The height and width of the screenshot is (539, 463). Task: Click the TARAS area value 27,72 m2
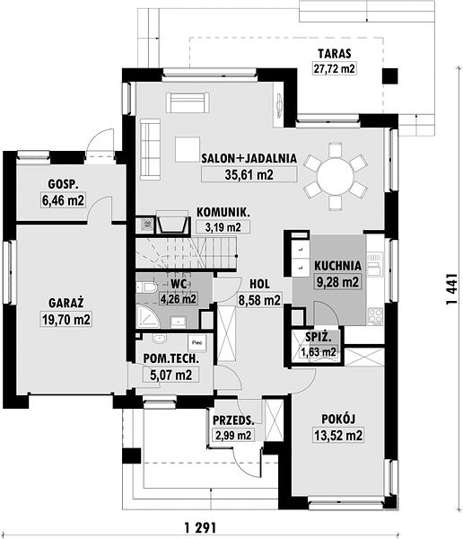(x=334, y=68)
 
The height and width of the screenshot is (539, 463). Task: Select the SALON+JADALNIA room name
(x=249, y=158)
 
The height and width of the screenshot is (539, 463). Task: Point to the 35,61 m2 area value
(x=249, y=174)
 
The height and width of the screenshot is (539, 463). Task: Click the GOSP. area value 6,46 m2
(x=63, y=200)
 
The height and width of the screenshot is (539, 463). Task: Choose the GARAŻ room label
(x=66, y=303)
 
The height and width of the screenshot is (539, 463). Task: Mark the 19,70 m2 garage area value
(x=66, y=319)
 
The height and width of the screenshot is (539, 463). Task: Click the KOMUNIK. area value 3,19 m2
(x=223, y=227)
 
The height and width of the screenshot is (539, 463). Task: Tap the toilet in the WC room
(x=146, y=287)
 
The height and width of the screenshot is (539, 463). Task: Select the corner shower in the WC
(x=148, y=316)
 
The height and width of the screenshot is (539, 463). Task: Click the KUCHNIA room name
(x=338, y=266)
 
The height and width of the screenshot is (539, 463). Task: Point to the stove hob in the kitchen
(x=375, y=316)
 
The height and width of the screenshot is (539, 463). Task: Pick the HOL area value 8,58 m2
(x=259, y=300)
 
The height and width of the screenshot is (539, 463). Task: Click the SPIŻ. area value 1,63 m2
(x=319, y=352)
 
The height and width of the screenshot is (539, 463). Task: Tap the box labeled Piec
(x=197, y=342)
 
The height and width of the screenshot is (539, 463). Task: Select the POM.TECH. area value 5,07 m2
(x=171, y=375)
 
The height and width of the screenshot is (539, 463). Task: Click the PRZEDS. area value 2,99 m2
(x=233, y=436)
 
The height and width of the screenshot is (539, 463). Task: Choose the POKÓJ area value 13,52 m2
(x=338, y=436)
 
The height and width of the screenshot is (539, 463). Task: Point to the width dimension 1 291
(x=201, y=527)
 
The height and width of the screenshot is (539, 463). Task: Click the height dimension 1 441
(x=451, y=289)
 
